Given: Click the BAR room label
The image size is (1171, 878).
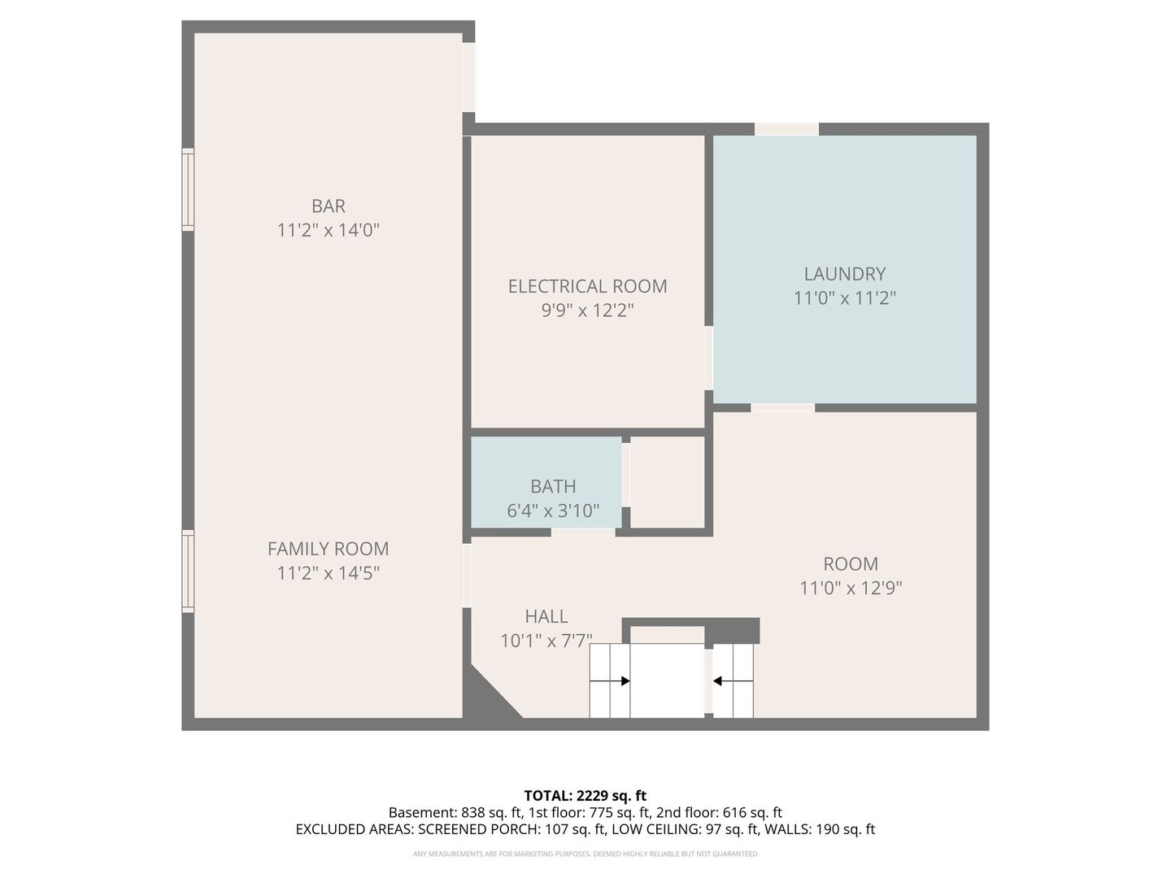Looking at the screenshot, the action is (328, 206).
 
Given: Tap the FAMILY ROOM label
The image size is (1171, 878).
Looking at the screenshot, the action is (328, 549).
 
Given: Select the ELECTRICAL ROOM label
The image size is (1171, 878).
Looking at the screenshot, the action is (587, 286).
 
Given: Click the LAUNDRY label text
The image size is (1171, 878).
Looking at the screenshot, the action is (845, 274).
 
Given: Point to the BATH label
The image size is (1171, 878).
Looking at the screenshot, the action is (553, 486).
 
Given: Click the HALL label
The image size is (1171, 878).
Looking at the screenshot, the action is (546, 616).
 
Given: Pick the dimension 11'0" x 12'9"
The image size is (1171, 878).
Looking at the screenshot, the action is (851, 588).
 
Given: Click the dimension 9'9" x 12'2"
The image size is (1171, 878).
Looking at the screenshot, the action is (587, 311).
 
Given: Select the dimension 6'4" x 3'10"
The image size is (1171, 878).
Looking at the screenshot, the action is (553, 511).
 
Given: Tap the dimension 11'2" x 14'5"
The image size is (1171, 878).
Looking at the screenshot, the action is (328, 573).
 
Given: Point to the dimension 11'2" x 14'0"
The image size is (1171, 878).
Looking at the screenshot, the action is (328, 230).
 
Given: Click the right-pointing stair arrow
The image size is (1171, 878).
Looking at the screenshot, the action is (609, 680).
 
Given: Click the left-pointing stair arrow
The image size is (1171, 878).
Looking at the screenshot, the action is (733, 680).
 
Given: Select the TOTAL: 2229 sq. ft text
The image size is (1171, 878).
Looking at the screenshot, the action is (585, 795).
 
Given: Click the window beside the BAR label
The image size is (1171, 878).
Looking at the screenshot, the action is (188, 189).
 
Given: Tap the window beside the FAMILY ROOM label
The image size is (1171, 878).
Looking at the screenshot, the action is (188, 571).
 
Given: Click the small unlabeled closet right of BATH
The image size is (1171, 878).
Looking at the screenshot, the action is (668, 482).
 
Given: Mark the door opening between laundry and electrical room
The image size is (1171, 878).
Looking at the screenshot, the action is (709, 358).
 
